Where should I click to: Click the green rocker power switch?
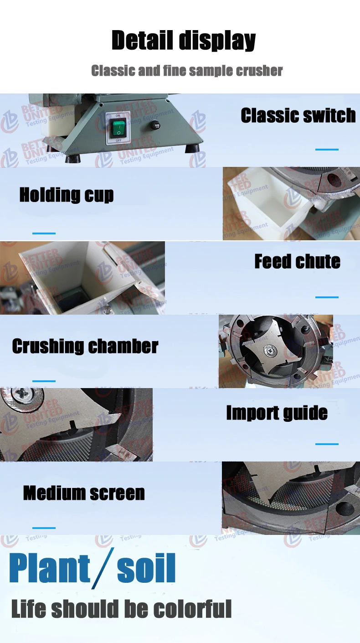point(118,129)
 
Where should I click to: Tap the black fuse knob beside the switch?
point(157,126)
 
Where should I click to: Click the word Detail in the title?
point(142,41)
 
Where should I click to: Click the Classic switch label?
point(298,115)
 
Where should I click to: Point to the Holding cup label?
point(67,195)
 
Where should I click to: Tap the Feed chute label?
point(297,261)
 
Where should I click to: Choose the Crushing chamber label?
point(85,346)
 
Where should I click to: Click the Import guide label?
point(277,413)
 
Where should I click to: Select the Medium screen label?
point(84,493)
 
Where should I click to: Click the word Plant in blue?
point(50,568)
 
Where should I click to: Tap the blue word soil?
point(146,569)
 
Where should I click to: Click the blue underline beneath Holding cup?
point(44,233)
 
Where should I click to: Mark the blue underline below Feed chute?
point(327,297)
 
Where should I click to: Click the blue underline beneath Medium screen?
point(44,528)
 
